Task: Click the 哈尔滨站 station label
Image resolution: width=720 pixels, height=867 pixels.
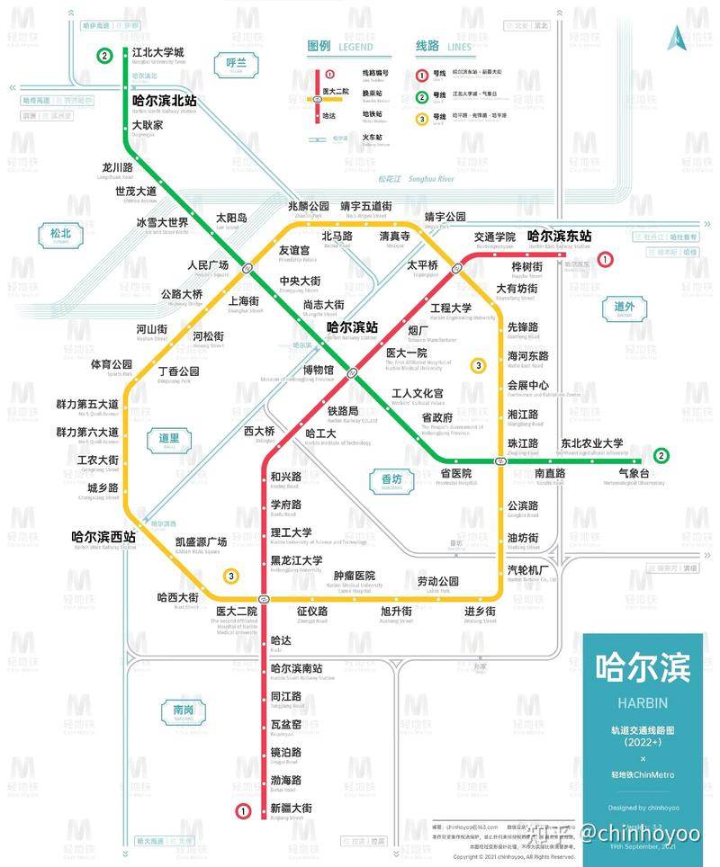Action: click(352, 328)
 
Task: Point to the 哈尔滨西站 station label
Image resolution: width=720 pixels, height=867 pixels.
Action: click(103, 536)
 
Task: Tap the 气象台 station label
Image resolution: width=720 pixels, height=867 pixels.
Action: click(634, 472)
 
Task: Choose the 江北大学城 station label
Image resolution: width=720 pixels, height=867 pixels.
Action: click(157, 53)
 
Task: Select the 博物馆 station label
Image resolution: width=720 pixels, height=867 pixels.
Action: click(318, 370)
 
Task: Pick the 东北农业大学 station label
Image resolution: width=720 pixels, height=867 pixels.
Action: click(591, 443)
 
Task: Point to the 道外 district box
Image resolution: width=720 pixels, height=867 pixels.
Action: click(625, 308)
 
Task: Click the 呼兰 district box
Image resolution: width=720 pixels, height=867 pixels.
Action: click(237, 64)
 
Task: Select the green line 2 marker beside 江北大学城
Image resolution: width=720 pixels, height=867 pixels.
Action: click(105, 56)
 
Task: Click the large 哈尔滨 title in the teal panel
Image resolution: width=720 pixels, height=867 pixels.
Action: click(642, 667)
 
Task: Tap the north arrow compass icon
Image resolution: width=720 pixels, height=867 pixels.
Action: click(674, 38)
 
